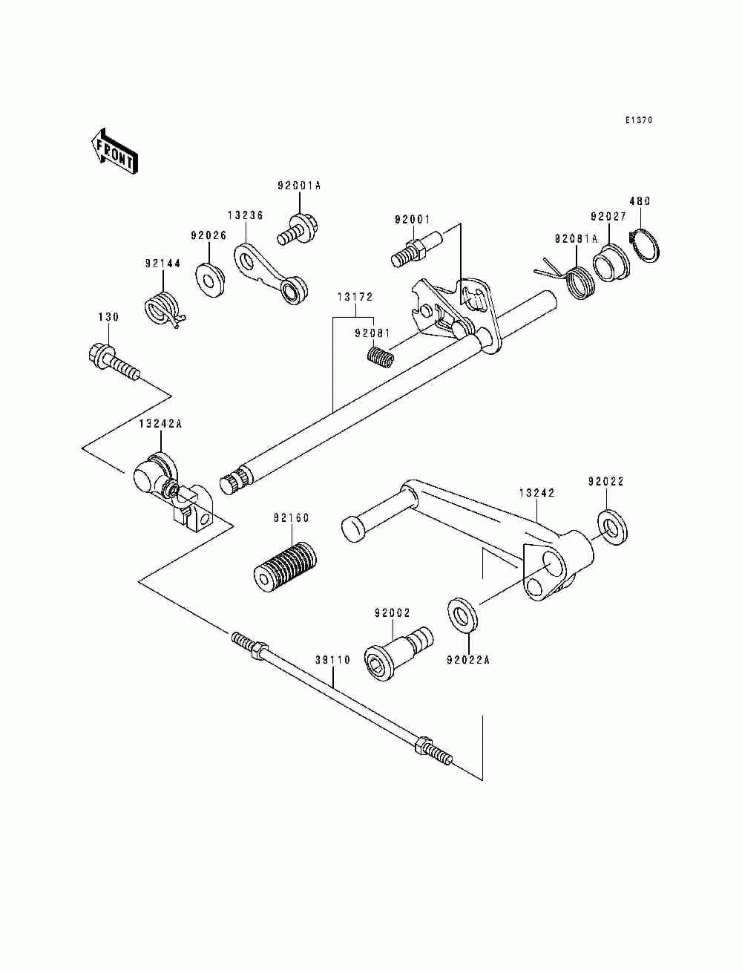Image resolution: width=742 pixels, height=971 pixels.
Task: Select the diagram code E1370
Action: click(637, 120)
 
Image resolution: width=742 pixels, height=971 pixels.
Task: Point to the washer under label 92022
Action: click(611, 527)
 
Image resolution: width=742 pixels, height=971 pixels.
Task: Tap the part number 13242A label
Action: click(160, 424)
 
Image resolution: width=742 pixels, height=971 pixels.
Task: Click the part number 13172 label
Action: click(355, 297)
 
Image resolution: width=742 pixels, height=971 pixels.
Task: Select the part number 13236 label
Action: click(245, 215)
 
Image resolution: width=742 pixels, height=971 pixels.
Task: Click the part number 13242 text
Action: click(536, 492)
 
